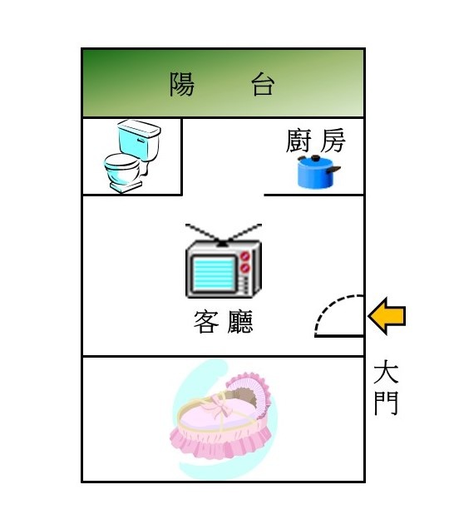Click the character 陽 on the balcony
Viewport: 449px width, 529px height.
[x=182, y=84]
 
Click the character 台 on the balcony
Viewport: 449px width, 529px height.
[x=263, y=84]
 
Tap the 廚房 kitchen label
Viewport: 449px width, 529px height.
[x=316, y=141]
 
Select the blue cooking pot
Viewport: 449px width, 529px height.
[x=317, y=172]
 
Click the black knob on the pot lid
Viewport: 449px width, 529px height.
[x=315, y=158]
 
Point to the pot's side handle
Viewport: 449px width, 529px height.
[x=333, y=170]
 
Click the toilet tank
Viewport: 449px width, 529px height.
[x=139, y=140]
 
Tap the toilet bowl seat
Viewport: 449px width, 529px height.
[x=121, y=162]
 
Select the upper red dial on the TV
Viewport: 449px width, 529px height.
[x=245, y=255]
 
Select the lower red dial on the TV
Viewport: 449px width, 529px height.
[x=245, y=269]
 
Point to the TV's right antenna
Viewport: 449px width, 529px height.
[x=243, y=233]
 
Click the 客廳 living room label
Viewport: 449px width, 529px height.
[x=223, y=322]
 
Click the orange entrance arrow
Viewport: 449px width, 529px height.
[x=387, y=316]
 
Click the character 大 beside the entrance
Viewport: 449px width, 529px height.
[x=387, y=372]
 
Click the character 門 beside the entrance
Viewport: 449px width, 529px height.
[x=387, y=403]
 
